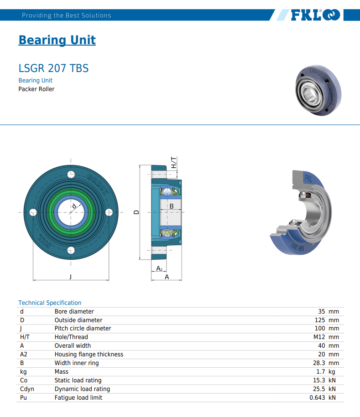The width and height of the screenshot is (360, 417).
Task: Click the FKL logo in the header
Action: pyautogui.click(x=316, y=15)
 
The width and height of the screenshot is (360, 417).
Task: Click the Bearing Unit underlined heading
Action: pyautogui.click(x=57, y=40)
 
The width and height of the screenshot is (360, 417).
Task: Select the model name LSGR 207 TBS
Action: pyautogui.click(x=53, y=68)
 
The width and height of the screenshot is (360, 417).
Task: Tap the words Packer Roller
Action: pyautogui.click(x=37, y=89)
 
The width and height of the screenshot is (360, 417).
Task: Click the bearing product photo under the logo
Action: pyautogui.click(x=318, y=90)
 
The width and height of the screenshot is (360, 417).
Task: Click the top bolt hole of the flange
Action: pyautogui.click(x=71, y=175)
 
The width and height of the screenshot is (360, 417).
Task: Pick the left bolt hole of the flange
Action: pyautogui.click(x=33, y=212)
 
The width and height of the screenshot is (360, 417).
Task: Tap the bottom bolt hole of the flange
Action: pyautogui.click(x=71, y=250)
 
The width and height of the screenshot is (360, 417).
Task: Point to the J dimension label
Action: pyautogui.click(x=71, y=277)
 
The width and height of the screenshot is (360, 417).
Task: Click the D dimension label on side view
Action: pyautogui.click(x=136, y=212)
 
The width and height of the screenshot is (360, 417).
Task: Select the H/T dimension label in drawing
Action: pyautogui.click(x=173, y=163)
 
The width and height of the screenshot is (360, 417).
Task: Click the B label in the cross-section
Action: pyautogui.click(x=172, y=206)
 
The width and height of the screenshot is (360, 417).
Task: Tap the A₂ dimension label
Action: pyautogui.click(x=159, y=268)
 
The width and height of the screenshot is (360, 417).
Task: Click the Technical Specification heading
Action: pyautogui.click(x=50, y=303)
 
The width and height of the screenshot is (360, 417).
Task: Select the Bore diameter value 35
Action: pyautogui.click(x=322, y=311)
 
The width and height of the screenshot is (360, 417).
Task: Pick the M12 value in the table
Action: pyautogui.click(x=319, y=337)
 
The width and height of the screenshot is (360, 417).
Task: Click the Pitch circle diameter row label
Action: pyautogui.click(x=83, y=329)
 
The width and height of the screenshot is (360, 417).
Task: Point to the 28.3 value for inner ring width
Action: pyautogui.click(x=319, y=363)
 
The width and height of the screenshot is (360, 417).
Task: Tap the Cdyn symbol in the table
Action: pyautogui.click(x=27, y=389)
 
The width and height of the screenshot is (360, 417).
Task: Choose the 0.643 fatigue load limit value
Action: pyautogui.click(x=318, y=397)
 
